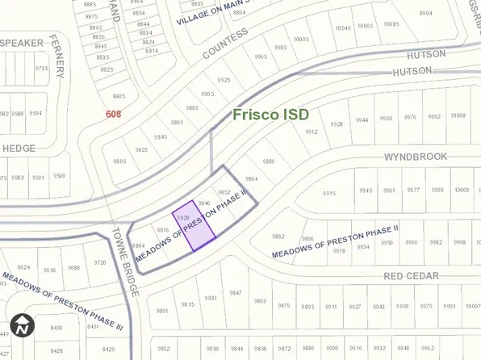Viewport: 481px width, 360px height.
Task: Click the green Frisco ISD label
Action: [x=270, y=115]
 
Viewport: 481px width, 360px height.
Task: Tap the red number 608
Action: [x=113, y=114]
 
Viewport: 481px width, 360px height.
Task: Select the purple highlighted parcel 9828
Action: [x=194, y=227]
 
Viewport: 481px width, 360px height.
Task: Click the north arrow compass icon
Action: [x=23, y=326]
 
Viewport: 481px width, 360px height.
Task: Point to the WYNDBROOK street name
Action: [x=415, y=157]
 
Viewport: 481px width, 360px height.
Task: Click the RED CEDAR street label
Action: [x=411, y=276]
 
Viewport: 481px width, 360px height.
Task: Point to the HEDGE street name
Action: [x=19, y=149]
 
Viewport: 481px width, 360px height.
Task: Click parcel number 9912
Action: [x=311, y=132]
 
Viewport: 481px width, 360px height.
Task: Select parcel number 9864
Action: [x=251, y=178]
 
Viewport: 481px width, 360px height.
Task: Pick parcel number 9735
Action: [x=41, y=69]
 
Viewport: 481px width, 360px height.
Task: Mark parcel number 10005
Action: [x=301, y=39]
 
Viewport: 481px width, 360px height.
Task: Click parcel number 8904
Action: [x=425, y=13]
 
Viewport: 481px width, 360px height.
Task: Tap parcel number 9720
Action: [x=100, y=262]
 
